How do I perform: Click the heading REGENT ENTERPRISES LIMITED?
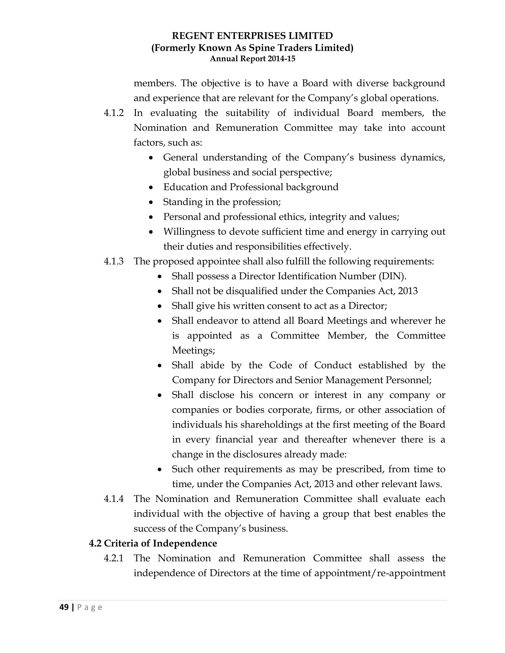(252, 36)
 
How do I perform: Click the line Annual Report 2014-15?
(252, 59)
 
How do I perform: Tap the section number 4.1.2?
(114, 113)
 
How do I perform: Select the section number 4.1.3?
(114, 261)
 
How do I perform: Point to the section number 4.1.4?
(114, 499)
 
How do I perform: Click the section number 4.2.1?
(114, 558)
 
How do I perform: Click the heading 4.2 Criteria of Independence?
(153, 543)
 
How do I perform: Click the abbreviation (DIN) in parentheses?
(392, 276)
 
